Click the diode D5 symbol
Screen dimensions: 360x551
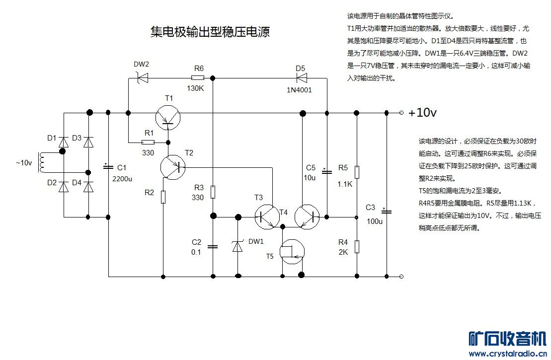point(301,77)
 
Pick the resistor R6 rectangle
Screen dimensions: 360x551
point(198,77)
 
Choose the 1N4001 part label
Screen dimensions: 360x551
point(300,90)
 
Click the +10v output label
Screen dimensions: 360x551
point(422,113)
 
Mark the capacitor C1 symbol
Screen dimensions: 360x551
point(108,166)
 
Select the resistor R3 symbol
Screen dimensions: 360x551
point(213,192)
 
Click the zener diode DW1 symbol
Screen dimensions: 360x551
point(238,246)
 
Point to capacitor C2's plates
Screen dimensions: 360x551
point(213,246)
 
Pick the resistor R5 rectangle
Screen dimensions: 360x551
point(357,172)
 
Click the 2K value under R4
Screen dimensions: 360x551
point(343,252)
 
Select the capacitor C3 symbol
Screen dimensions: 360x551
point(387,212)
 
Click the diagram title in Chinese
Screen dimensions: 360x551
point(210,32)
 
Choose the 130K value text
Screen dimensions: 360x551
point(195,88)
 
